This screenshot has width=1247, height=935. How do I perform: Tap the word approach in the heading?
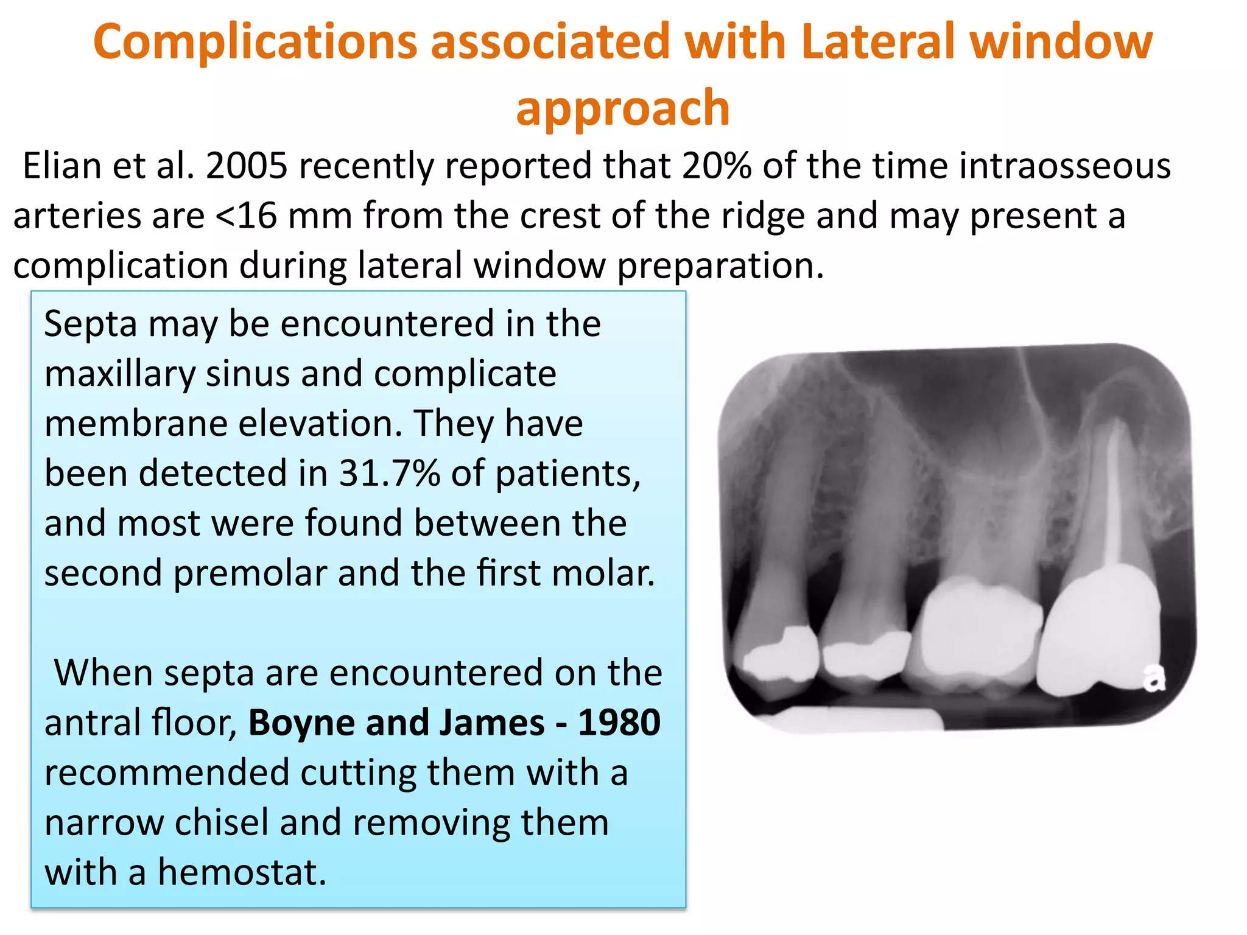coord(622,108)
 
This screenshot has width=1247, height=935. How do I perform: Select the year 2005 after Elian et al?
coord(247,166)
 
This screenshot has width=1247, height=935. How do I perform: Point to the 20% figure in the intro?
coord(717,166)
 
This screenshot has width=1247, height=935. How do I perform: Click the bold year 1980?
coord(619,723)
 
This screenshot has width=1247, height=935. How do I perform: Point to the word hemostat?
coord(242,872)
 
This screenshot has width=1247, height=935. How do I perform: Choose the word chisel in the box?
coord(222,822)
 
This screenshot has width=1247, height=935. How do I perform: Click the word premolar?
coord(250,573)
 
